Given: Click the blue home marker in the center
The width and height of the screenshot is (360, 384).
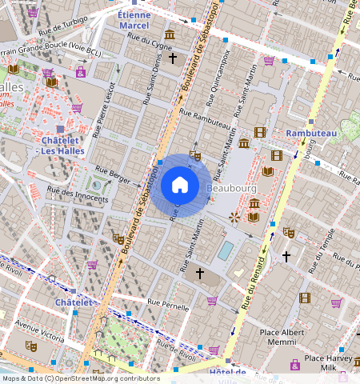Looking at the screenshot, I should pyautogui.click(x=180, y=185).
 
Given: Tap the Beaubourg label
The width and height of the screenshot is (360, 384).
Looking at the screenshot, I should pyautogui.click(x=230, y=189).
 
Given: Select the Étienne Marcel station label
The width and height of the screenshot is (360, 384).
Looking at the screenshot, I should pyautogui.click(x=133, y=20).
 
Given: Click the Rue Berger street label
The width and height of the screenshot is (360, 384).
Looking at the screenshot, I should pyautogui.click(x=112, y=170).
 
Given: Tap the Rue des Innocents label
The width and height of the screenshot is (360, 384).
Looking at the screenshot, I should pyautogui.click(x=77, y=190).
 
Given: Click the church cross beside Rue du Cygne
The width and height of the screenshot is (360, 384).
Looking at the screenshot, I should pyautogui.click(x=173, y=58).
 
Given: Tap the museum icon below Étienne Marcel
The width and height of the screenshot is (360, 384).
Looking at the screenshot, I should pyautogui.click(x=170, y=35).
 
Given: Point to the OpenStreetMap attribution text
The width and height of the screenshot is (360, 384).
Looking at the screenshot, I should pyautogui.click(x=80, y=378).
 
